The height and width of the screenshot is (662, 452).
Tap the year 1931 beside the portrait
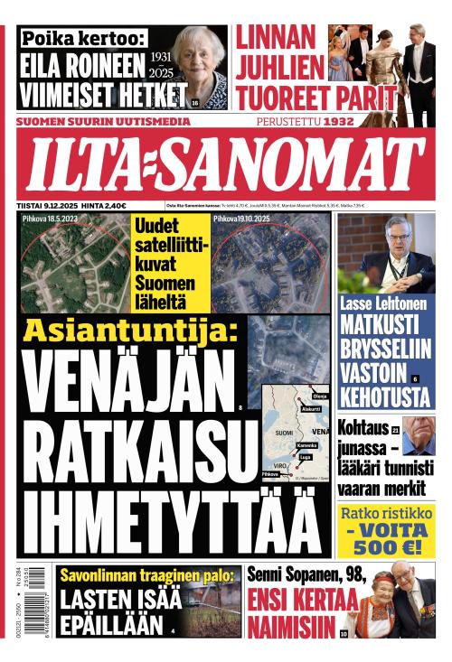point(160,55)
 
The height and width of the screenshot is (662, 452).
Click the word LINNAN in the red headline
point(276,38)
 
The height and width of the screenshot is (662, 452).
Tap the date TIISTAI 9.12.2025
point(45,205)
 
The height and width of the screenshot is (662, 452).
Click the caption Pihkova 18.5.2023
point(51,219)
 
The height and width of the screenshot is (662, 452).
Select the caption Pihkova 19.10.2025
point(241,219)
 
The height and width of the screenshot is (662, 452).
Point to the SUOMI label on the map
point(283,434)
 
